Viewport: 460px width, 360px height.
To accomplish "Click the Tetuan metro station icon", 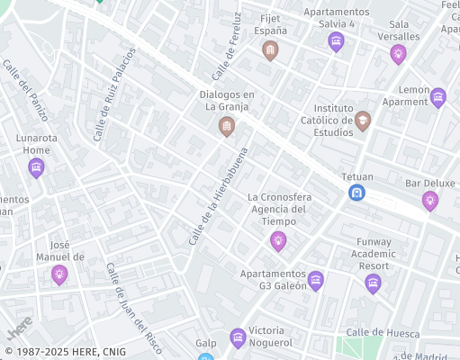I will [x=357, y=193].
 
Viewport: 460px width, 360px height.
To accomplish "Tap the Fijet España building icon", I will [x=269, y=52].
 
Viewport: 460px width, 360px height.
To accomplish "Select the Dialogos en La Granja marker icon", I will [x=226, y=127].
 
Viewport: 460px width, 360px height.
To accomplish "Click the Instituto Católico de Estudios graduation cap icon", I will [x=362, y=121].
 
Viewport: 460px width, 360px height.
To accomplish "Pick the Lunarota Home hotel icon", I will [x=36, y=167].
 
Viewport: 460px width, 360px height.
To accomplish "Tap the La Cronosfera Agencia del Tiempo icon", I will [x=278, y=240].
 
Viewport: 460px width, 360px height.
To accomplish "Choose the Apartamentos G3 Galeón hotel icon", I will [x=315, y=281].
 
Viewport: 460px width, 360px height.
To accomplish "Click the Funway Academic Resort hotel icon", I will [x=373, y=284].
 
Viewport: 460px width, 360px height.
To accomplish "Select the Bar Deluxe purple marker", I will [x=430, y=200].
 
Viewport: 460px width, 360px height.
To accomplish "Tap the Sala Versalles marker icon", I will [x=398, y=54].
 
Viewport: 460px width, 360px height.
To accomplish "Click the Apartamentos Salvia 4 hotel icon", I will [x=336, y=41].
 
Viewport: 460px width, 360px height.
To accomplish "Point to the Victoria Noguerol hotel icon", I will [x=238, y=338].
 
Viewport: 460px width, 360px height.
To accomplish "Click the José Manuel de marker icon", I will [x=59, y=274].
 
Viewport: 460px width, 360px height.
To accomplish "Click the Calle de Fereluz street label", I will [x=227, y=45].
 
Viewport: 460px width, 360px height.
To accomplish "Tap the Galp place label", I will [x=206, y=343].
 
